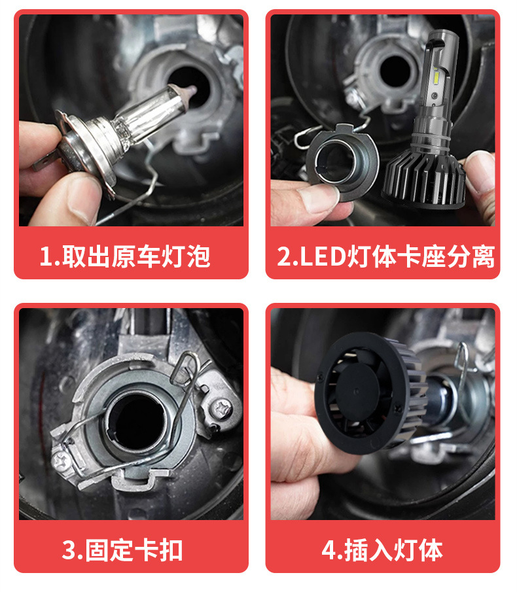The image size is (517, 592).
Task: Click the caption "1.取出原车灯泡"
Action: [x=125, y=256]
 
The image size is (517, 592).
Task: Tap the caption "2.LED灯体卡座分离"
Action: [x=386, y=256]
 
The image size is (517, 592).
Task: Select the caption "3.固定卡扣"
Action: [x=122, y=550]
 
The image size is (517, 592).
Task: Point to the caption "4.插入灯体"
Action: [x=382, y=550]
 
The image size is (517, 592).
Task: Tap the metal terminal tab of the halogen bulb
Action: [x=43, y=162]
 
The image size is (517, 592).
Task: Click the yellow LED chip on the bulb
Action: [x=437, y=77]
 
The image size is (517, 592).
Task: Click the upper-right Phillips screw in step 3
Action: [x=221, y=409]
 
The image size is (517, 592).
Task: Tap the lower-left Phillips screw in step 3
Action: [x=61, y=461]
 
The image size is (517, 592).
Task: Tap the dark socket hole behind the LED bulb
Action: [x=395, y=71]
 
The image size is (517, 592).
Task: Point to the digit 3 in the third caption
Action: [x=69, y=551]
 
